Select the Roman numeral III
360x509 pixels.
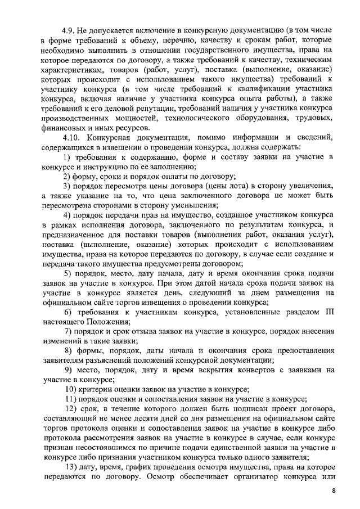tap(331, 312)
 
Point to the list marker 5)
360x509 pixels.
tap(69, 273)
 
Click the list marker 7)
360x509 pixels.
tap(69, 331)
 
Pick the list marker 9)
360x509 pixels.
tap(69, 370)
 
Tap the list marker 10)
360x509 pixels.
tap(71, 389)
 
